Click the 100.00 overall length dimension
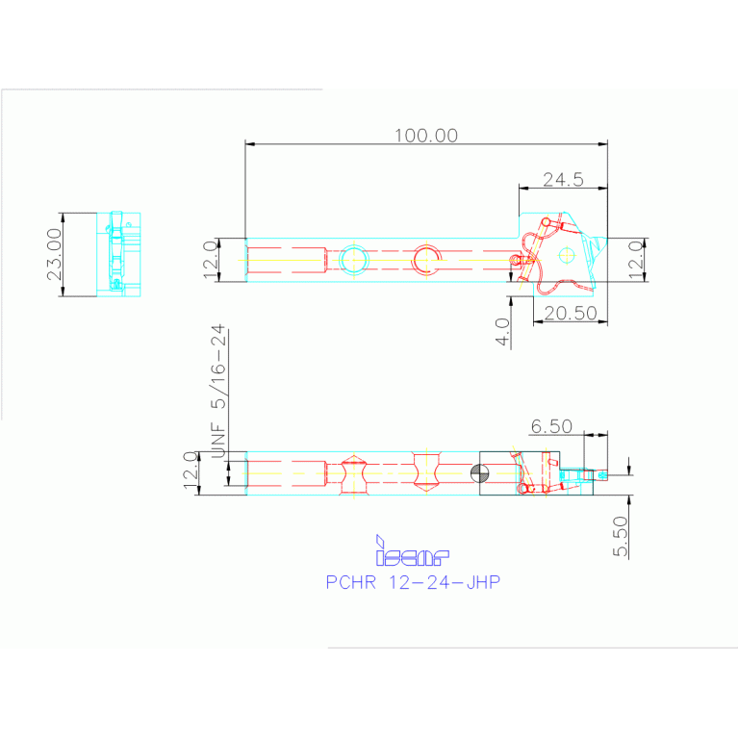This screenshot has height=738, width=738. point(426,135)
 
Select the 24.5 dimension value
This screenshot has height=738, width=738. point(564,179)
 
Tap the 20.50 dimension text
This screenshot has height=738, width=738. point(571,314)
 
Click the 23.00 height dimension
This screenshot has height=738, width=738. point(55,254)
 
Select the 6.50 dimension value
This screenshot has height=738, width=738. point(551,426)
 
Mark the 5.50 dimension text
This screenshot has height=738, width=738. point(621,536)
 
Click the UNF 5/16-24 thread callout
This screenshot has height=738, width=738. point(218,391)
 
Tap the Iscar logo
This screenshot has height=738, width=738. point(411,551)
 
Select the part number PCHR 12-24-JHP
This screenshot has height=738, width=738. point(413,582)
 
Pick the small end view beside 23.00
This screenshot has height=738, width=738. point(117,253)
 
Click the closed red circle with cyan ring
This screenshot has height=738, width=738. point(353,260)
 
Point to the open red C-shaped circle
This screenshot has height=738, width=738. point(426,259)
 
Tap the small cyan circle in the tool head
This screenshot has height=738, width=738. point(567,254)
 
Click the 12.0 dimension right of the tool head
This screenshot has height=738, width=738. point(635,260)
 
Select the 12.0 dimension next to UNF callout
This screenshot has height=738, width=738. point(191,472)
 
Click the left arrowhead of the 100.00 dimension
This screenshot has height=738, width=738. point(248,144)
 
